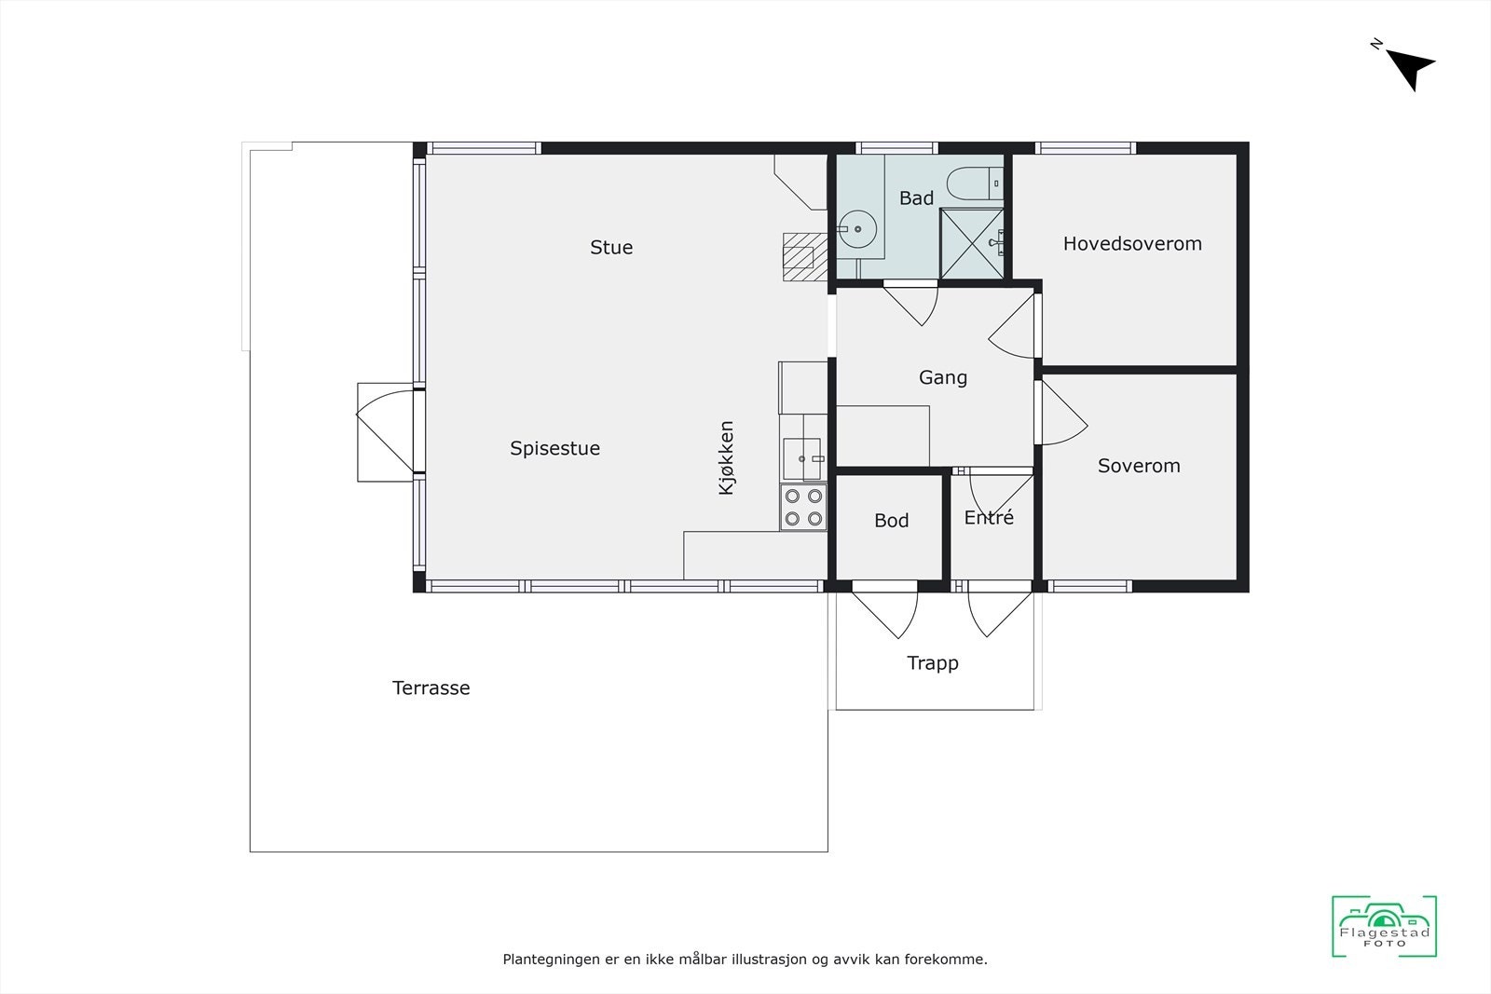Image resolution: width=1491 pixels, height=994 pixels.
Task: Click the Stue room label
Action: click(x=611, y=248)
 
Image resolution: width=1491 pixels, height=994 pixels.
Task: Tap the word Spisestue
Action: click(x=554, y=448)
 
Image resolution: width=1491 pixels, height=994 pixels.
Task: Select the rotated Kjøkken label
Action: click(x=727, y=458)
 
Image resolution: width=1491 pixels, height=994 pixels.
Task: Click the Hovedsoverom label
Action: click(x=1132, y=244)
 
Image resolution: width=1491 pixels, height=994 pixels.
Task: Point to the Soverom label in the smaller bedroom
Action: click(x=1139, y=466)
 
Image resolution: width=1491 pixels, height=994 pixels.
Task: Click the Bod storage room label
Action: click(x=891, y=521)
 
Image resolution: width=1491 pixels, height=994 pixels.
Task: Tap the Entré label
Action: click(x=989, y=518)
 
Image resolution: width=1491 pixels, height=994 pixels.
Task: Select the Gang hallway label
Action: click(x=943, y=377)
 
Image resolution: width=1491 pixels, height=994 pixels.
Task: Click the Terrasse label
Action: click(x=431, y=688)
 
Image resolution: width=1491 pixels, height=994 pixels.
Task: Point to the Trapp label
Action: click(x=933, y=663)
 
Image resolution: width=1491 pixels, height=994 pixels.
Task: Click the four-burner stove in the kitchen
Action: click(x=803, y=508)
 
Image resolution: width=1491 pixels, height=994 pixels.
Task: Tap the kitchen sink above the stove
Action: click(x=801, y=458)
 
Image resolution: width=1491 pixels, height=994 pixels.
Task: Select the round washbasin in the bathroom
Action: click(x=856, y=228)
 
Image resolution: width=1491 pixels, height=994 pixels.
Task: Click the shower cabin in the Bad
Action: click(x=972, y=244)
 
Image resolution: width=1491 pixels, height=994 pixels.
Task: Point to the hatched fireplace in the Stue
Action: click(x=800, y=256)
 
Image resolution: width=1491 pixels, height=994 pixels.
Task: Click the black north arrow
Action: click(x=1409, y=67)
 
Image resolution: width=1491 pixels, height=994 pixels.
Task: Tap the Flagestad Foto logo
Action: click(x=1384, y=926)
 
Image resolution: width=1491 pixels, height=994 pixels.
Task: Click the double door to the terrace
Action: click(x=385, y=432)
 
